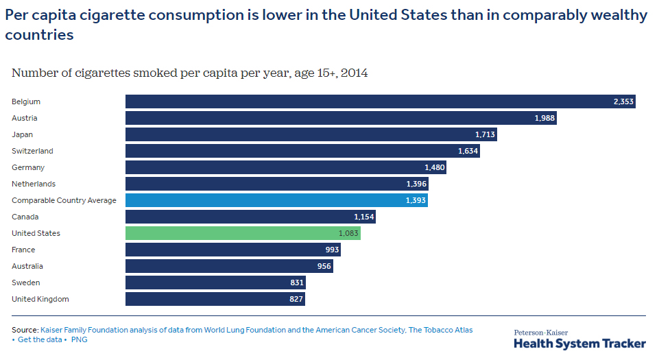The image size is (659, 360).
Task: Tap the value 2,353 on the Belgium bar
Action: [x=623, y=101]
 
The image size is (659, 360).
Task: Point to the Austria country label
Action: [x=25, y=118]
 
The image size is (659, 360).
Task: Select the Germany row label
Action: [x=28, y=167]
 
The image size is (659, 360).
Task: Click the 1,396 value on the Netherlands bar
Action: [x=416, y=184]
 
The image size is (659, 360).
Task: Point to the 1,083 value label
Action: [x=348, y=233]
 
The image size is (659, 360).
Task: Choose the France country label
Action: [x=23, y=250]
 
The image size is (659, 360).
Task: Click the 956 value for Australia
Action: [x=324, y=266]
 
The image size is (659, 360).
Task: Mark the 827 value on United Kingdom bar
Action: [x=296, y=299]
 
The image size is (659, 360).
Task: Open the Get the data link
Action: [x=41, y=339]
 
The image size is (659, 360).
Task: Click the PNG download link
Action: [x=80, y=339]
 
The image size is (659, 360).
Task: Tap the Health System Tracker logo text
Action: [x=579, y=344]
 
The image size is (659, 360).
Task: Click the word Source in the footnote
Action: [x=24, y=330]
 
